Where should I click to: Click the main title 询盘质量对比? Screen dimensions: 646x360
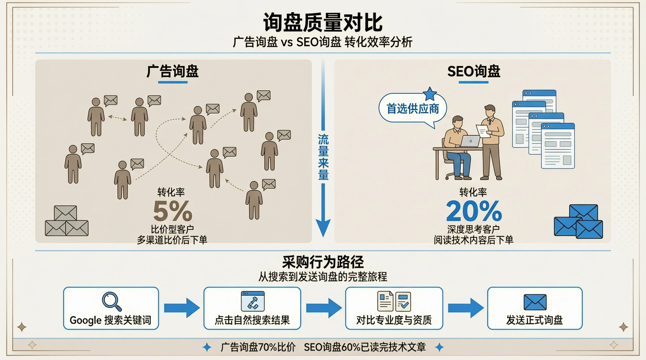tap(323, 22)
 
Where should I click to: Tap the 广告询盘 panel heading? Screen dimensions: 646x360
tap(172, 71)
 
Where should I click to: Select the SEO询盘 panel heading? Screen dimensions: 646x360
tap(474, 71)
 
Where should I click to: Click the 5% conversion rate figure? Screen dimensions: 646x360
tap(172, 211)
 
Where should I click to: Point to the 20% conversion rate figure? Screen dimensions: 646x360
tap(474, 211)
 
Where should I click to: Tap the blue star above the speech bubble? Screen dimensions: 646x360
tap(430, 93)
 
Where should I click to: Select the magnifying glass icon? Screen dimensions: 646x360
tap(111, 301)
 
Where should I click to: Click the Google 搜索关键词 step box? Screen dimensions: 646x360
tap(111, 308)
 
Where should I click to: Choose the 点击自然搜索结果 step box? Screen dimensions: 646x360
tap(252, 308)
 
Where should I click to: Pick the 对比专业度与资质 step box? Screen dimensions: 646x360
tap(394, 308)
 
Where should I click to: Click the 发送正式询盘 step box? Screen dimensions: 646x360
tap(535, 308)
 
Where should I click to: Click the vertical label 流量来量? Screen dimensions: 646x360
tap(323, 157)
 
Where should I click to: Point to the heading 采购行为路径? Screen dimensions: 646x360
tap(323, 262)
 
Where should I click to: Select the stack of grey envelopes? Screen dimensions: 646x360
tap(67, 221)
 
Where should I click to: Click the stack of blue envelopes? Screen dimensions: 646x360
tap(578, 222)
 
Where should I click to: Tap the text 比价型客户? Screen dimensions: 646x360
tap(172, 229)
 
